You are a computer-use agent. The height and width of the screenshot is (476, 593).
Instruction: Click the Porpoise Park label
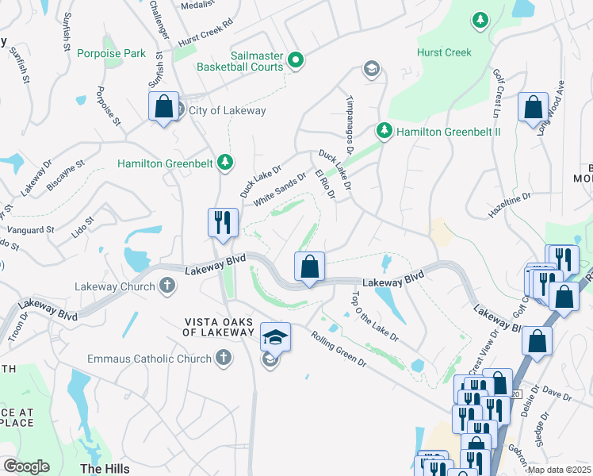[112, 53]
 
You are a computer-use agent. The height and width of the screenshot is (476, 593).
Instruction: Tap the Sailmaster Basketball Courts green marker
[296, 59]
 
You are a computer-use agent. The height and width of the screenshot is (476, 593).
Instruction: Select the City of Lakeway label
[226, 110]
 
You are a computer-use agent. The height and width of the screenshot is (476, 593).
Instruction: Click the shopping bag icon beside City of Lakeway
[163, 106]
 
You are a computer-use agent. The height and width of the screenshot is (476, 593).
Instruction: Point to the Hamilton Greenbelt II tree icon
[384, 129]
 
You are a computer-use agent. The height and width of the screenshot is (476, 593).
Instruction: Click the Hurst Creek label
[445, 53]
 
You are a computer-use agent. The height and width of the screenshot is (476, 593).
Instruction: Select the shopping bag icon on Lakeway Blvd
[310, 267]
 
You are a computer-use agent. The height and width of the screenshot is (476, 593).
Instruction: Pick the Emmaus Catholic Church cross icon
[224, 358]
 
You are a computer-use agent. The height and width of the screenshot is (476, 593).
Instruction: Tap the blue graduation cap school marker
[275, 337]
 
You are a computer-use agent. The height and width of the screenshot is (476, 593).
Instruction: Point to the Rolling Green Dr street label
[339, 349]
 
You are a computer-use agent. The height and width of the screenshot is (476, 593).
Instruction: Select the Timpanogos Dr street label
[347, 121]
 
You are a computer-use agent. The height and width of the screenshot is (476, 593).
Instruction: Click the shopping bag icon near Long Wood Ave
[533, 107]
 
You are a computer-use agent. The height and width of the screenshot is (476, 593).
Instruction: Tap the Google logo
[26, 466]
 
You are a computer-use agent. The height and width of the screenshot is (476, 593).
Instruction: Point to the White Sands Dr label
[279, 190]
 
